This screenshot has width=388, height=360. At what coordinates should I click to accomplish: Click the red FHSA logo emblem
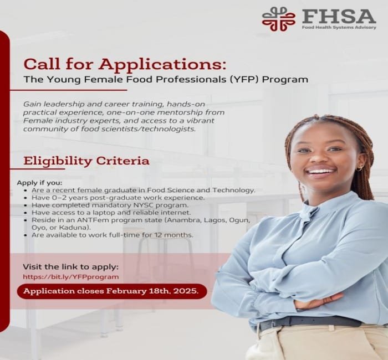click(279, 18)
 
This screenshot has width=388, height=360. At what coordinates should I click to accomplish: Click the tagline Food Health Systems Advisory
click(338, 27)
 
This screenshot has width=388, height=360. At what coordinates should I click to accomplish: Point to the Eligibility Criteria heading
click(86, 161)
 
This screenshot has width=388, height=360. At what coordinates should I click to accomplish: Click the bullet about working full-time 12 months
click(113, 235)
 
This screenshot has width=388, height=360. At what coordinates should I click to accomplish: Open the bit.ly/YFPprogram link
click(70, 276)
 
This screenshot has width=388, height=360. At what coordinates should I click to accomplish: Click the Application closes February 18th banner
click(111, 291)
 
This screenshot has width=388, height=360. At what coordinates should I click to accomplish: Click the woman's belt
click(310, 321)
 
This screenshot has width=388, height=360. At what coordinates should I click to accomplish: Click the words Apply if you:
click(40, 182)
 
